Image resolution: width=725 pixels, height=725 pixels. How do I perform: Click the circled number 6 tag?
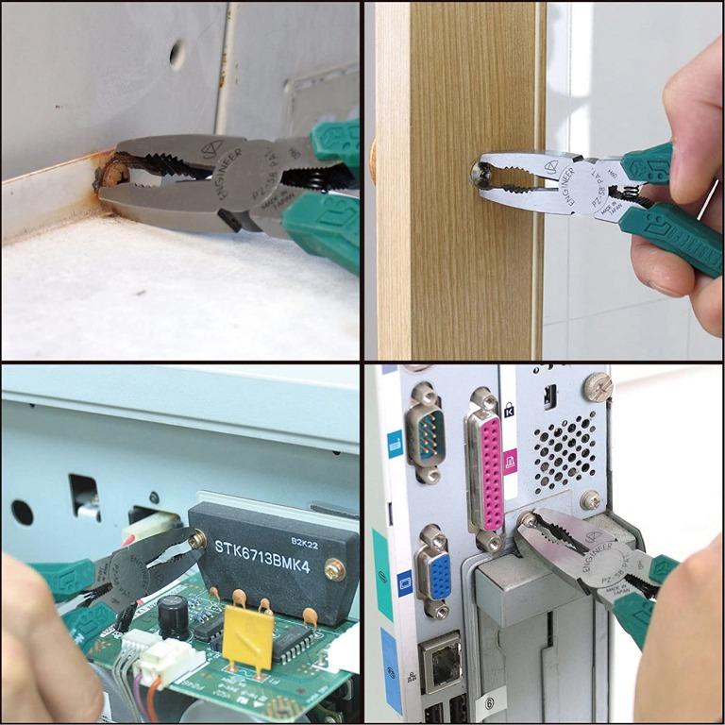coord(489,702)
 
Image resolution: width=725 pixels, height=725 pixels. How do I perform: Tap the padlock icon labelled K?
coord(511,409)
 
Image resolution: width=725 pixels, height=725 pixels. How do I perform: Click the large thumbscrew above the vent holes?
coord(598,385)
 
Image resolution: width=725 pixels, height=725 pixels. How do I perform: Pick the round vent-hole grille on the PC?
coord(566,450)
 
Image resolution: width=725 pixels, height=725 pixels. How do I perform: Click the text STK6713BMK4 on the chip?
coord(266,548)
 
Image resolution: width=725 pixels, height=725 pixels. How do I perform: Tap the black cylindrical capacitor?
coord(172,615)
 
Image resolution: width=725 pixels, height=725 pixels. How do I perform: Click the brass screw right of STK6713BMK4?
coord(334,569)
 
